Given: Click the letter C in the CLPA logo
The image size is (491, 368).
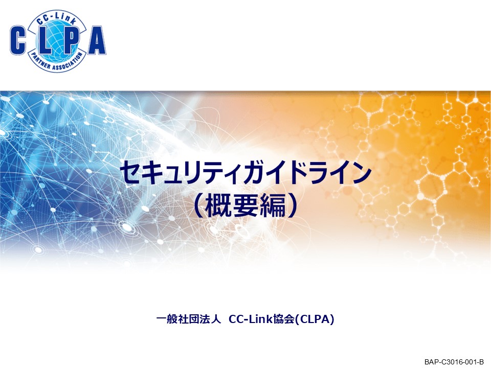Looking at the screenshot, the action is (18, 40).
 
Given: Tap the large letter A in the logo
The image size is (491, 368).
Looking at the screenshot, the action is (97, 40).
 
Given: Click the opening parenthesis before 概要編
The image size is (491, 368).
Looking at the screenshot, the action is (199, 205).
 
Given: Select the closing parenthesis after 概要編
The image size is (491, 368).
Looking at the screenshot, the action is (292, 205).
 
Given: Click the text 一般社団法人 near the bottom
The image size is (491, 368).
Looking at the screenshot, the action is (189, 319).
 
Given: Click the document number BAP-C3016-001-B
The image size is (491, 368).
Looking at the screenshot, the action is (454, 362).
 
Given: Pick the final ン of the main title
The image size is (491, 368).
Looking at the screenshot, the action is (360, 172).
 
